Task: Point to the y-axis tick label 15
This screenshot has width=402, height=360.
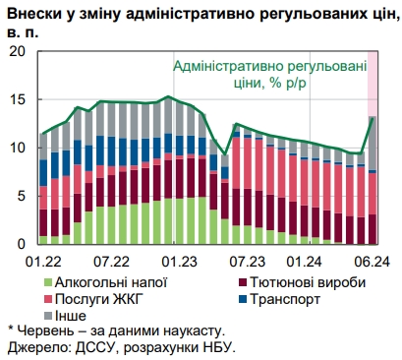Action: pos(17,99)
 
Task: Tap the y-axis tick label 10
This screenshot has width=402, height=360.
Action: pos(17,148)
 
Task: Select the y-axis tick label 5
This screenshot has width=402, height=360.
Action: pos(22,196)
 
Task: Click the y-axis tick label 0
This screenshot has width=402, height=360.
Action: pos(22,244)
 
